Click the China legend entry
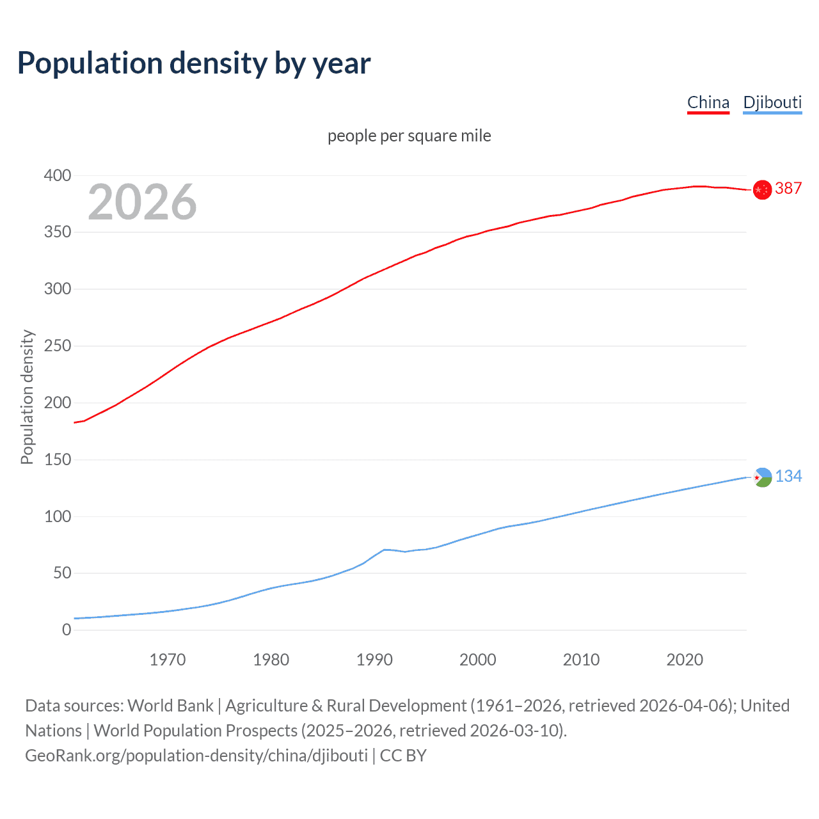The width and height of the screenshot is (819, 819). (x=708, y=103)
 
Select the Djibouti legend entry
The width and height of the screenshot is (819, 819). (x=772, y=103)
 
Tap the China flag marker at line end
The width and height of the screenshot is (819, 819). (x=762, y=189)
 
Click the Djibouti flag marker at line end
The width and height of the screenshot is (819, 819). (x=763, y=477)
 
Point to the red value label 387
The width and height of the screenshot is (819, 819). (x=788, y=188)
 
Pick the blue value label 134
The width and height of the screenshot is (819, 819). (x=788, y=476)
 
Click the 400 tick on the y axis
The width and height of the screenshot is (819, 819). (x=58, y=175)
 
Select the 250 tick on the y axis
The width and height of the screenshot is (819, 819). (x=58, y=346)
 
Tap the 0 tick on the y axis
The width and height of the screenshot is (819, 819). (x=67, y=630)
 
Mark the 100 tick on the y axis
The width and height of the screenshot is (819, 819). (x=58, y=516)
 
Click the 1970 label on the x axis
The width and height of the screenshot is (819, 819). (x=168, y=660)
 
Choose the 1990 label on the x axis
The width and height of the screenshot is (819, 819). (x=374, y=660)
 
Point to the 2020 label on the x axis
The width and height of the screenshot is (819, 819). (x=685, y=660)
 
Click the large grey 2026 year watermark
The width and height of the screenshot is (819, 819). (x=142, y=202)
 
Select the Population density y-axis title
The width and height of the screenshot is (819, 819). (x=27, y=397)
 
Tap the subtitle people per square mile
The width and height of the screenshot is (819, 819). (x=409, y=136)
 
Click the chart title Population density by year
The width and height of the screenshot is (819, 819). (x=194, y=63)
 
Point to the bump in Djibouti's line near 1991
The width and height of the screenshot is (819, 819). (x=385, y=550)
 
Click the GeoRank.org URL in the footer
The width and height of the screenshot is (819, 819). (x=196, y=756)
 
